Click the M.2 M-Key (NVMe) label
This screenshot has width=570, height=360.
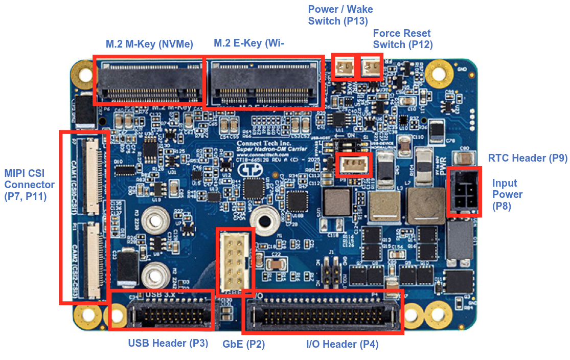click(149, 44)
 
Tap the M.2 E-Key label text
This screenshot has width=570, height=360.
click(248, 43)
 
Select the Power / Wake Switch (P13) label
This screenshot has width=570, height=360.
click(340, 15)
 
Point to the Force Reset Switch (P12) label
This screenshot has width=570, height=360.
click(402, 39)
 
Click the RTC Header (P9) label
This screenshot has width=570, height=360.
click(528, 158)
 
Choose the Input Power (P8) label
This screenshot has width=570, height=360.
click(507, 195)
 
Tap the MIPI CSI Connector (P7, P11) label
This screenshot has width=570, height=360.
click(30, 185)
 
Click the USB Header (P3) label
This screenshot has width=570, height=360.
click(168, 343)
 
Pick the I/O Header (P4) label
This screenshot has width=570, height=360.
click(342, 344)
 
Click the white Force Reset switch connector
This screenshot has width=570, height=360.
click(371, 66)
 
